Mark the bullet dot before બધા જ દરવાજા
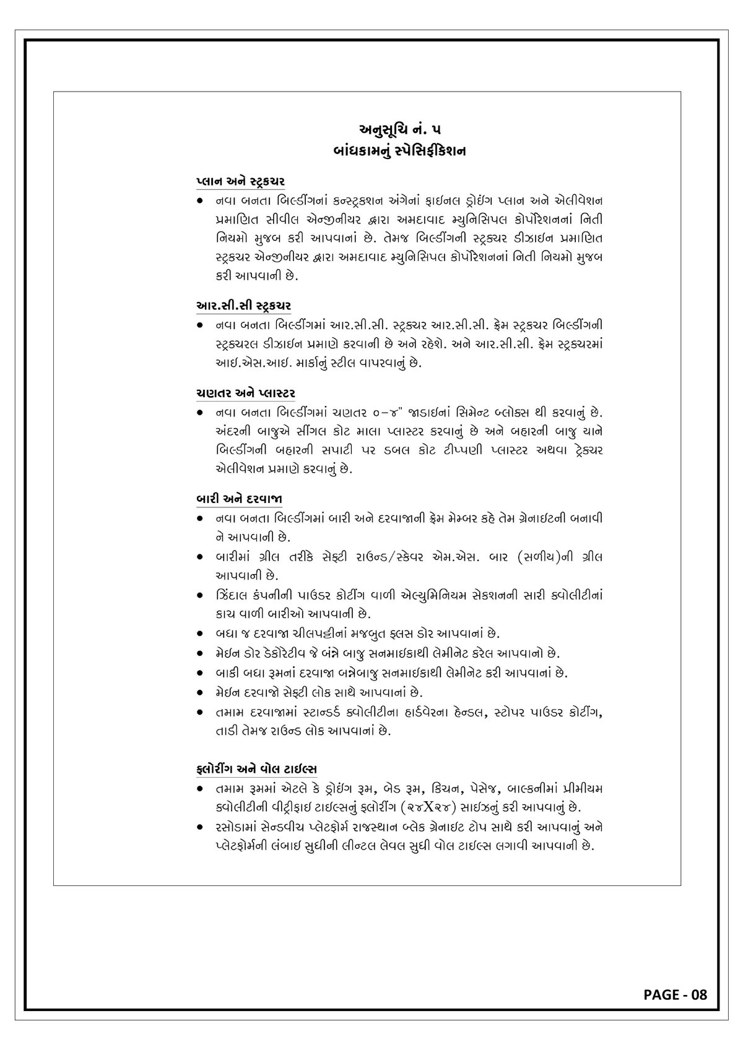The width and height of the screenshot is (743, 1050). (x=200, y=634)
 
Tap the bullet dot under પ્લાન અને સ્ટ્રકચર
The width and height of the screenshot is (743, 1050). (x=200, y=202)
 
